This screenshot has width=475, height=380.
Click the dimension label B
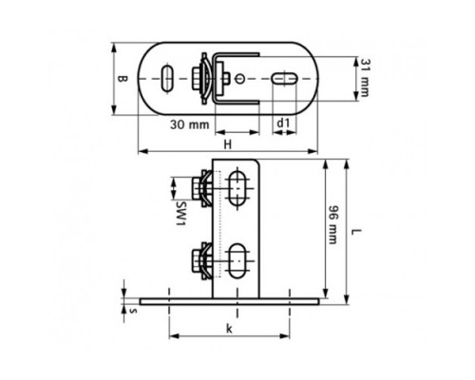click(x=122, y=78)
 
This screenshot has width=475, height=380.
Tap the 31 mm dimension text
click(x=365, y=78)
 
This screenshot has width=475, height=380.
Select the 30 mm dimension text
click(x=190, y=124)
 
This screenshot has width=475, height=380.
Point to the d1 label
click(x=283, y=123)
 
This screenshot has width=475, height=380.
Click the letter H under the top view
click(x=228, y=144)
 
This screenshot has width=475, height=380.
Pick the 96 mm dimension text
click(x=332, y=225)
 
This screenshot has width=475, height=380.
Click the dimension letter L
click(x=356, y=232)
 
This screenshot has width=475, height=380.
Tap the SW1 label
click(x=180, y=213)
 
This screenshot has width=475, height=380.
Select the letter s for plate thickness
click(x=134, y=311)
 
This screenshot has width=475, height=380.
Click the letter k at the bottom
click(x=229, y=329)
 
